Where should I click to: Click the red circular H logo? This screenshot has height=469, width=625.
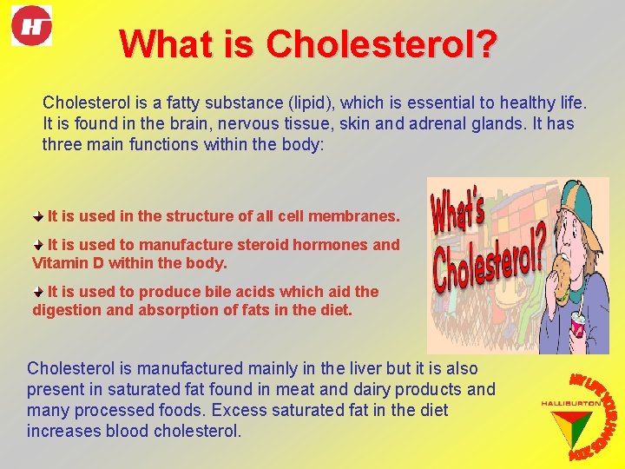click(31, 25)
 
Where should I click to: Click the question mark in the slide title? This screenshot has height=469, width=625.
click(487, 44)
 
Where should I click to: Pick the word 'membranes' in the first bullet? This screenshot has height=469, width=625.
click(357, 215)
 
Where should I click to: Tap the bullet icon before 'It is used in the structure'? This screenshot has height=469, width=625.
click(39, 215)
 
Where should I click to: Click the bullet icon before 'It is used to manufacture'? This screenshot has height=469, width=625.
click(39, 244)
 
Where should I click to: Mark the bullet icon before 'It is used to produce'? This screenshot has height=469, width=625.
click(39, 291)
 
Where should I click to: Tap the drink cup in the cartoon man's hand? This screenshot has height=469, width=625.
click(577, 327)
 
